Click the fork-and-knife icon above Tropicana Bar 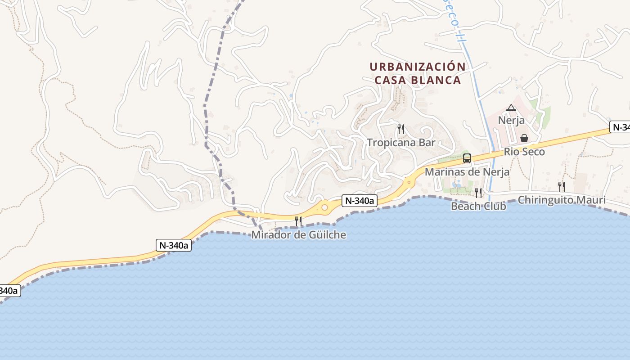tap(400, 130)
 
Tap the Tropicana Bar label tap(401, 143)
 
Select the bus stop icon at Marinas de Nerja tap(467, 158)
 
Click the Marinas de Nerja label tap(467, 172)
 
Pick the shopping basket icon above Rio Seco tap(524, 138)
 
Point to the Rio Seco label tap(524, 152)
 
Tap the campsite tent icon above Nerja tap(511, 108)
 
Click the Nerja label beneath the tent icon tap(511, 121)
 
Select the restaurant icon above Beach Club tap(478, 193)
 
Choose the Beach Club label tap(478, 206)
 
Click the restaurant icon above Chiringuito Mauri tap(562, 187)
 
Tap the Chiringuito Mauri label tap(562, 200)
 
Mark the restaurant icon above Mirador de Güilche tap(298, 221)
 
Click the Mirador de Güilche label tap(299, 235)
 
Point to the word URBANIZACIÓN tap(418, 67)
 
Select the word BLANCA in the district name tap(438, 81)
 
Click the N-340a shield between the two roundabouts tap(359, 201)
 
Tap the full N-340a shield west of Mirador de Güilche tap(174, 245)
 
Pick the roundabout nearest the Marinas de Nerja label tap(409, 182)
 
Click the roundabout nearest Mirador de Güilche tap(324, 207)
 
